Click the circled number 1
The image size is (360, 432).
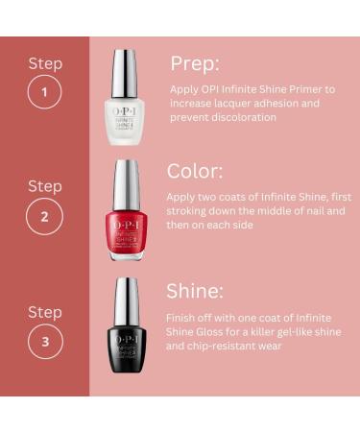(x=44, y=94)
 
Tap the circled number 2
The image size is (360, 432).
(x=44, y=216)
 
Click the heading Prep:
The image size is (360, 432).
(x=195, y=63)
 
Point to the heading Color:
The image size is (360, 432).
(x=195, y=171)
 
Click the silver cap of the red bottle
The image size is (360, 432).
(x=128, y=187)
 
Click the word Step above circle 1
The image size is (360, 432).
(x=44, y=64)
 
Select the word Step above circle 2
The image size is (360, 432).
(x=44, y=185)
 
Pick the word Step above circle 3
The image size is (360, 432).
(x=44, y=312)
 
